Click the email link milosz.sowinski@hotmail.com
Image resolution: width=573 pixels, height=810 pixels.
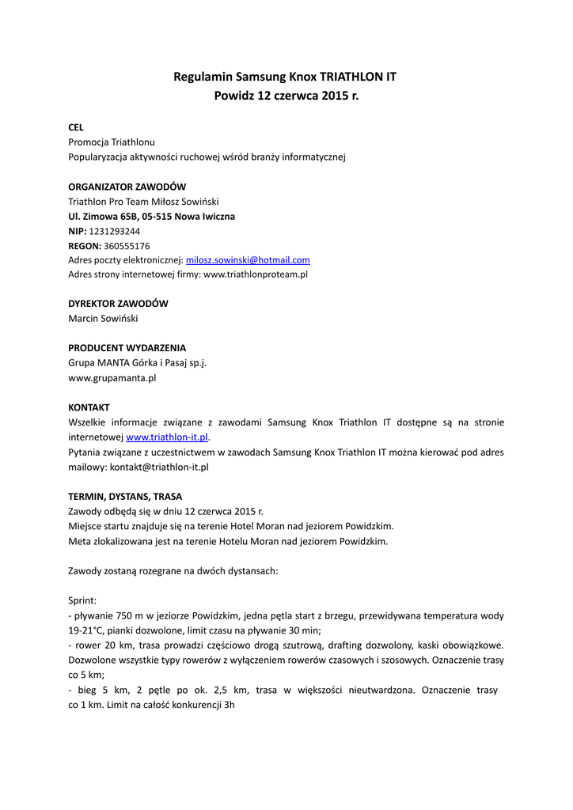point(248,259)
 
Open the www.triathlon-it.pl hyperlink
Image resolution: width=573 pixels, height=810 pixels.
point(167,437)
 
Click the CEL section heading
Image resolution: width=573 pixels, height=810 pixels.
point(76,127)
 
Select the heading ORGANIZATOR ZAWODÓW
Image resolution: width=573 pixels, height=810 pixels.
point(127,187)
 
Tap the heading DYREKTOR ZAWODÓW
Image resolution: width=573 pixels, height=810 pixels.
point(118,304)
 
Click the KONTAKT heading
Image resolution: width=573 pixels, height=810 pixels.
point(89,407)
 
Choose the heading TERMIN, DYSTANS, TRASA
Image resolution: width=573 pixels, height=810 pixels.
point(125,497)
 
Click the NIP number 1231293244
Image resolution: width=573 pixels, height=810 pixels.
point(115,231)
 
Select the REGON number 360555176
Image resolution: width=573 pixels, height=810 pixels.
point(127,245)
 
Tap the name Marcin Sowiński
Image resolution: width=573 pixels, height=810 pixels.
point(103,319)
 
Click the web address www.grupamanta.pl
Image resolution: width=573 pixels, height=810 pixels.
point(112,378)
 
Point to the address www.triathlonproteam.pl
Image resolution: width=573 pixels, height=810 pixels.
point(256,274)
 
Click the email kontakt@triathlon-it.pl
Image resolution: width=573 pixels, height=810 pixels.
point(159,467)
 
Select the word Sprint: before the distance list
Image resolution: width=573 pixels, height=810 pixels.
point(82,600)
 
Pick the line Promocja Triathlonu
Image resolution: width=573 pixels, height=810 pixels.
point(112,142)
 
